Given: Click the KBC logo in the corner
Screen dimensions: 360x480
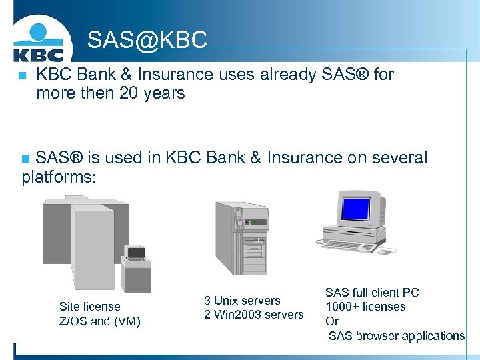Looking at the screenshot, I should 38,42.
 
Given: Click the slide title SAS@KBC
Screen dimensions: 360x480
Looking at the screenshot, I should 147,40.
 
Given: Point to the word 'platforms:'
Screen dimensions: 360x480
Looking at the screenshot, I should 59,177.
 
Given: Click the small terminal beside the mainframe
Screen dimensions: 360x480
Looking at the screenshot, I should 135,263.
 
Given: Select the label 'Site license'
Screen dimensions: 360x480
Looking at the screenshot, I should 90,307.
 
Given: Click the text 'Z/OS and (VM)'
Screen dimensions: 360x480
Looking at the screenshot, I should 100,321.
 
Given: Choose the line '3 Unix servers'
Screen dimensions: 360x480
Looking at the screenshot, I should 242,301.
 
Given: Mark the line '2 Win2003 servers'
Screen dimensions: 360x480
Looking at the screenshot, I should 253,315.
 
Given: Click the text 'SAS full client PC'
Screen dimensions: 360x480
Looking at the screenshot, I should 372,293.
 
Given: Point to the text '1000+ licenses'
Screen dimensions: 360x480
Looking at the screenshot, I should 365,307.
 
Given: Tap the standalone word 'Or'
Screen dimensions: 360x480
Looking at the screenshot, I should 332,321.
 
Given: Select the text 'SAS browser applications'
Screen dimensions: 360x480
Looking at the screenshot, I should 397,336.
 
